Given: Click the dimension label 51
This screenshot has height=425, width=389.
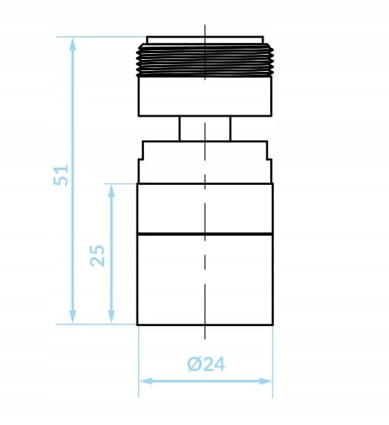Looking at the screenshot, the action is point(61,175).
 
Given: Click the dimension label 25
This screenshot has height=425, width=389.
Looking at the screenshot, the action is point(97,256).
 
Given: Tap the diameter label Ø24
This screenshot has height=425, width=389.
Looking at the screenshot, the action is point(206,364).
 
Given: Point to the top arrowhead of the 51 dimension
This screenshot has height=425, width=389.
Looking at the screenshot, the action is point(72,44).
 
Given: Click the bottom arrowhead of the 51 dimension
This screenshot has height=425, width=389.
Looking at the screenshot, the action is point(72,316).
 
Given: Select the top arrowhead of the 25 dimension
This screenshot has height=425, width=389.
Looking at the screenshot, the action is point(111,191).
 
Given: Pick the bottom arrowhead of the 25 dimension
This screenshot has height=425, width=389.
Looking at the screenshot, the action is point(111,316).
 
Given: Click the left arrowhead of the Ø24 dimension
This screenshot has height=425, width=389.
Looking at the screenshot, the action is point(146,381).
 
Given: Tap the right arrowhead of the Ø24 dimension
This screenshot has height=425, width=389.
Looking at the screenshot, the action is point(265,381).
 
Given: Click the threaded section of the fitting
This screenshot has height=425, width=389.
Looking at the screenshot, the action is point(205,61).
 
